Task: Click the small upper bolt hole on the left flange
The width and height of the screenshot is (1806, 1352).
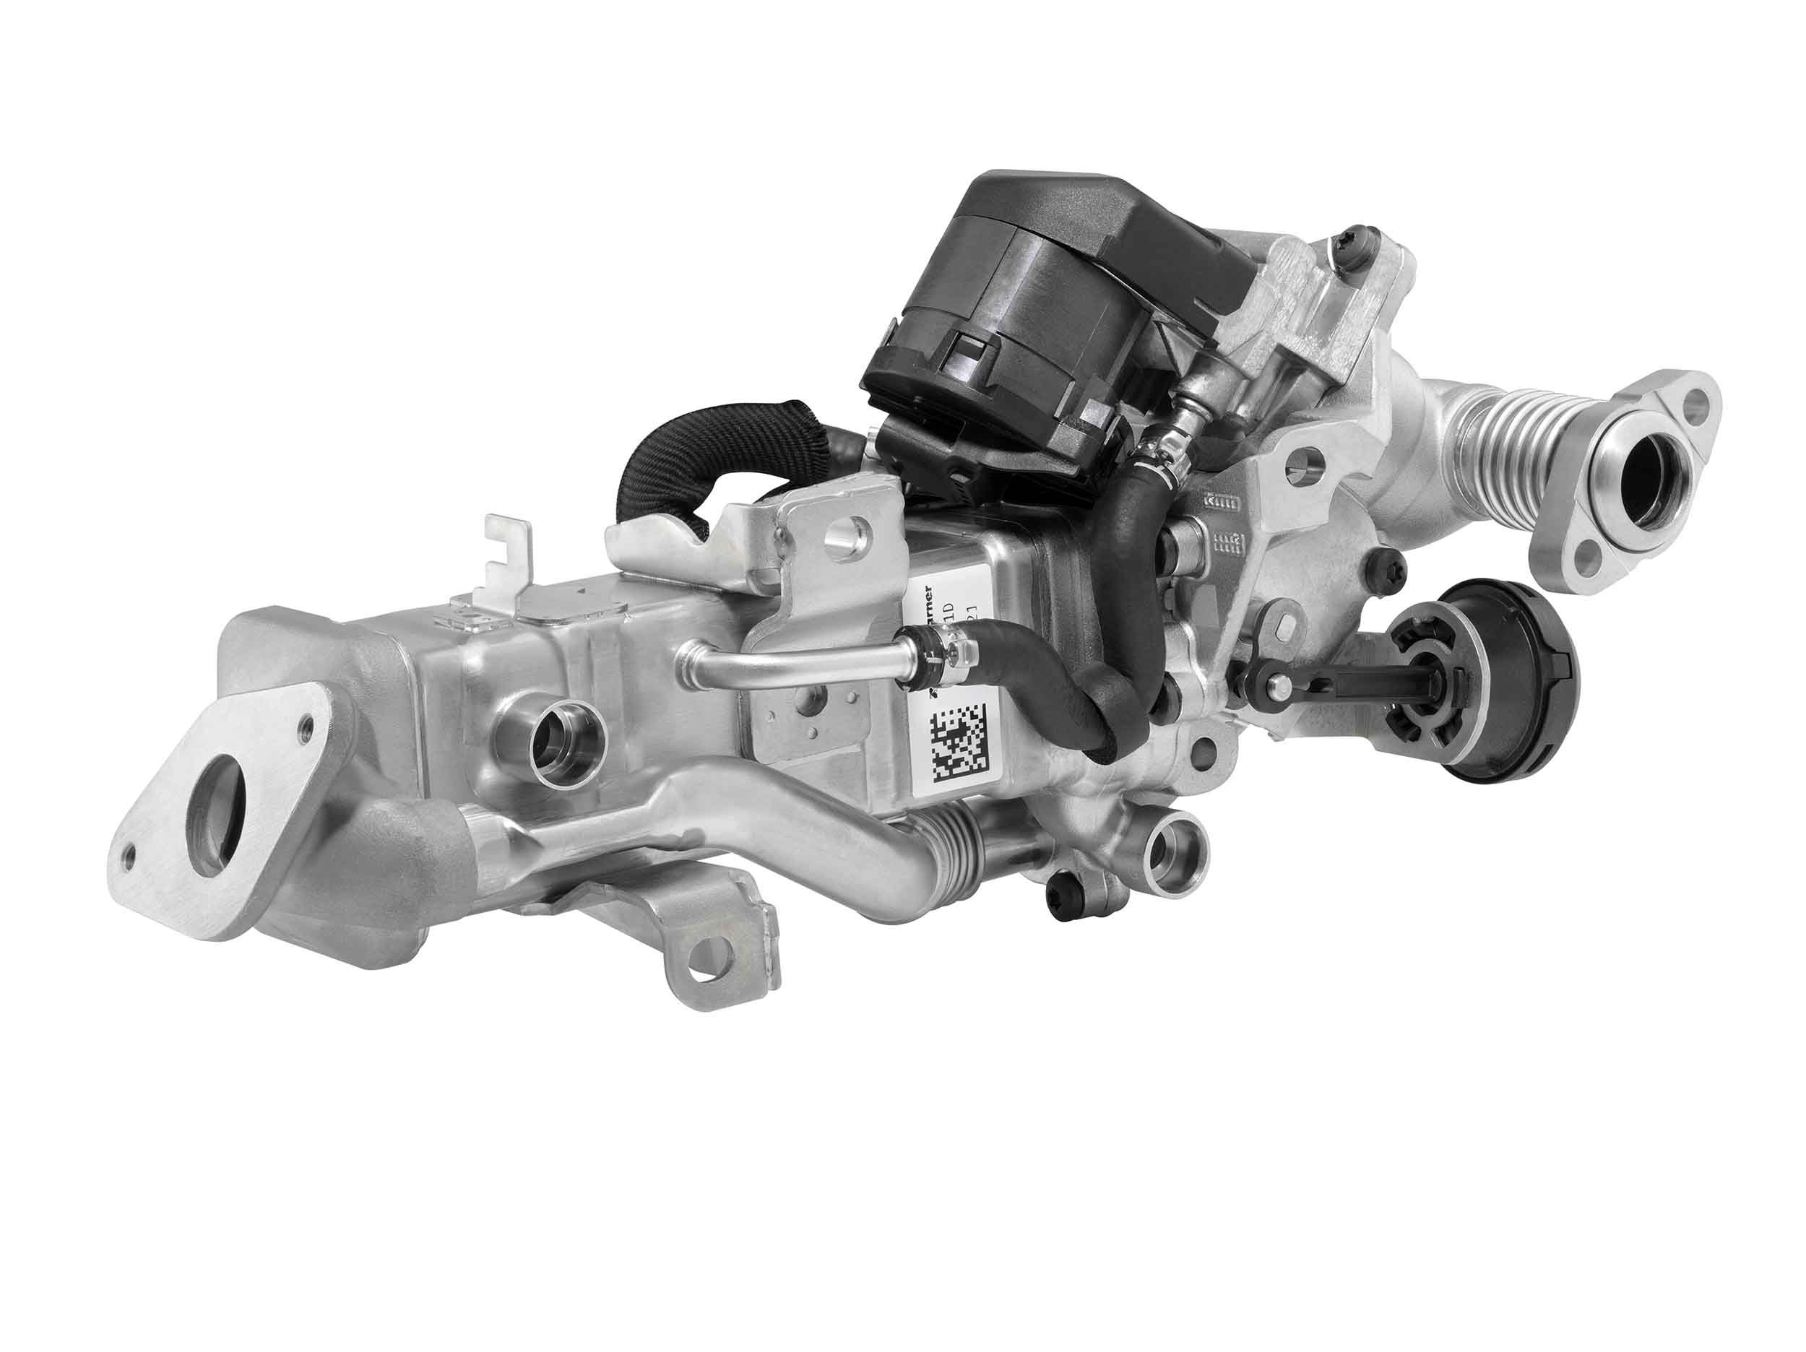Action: click(x=307, y=722)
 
